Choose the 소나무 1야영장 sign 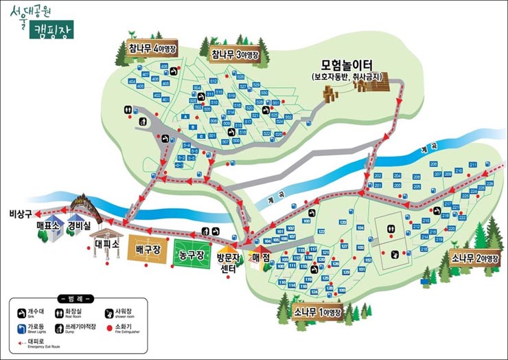tap(317, 313)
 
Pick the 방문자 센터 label tap(227, 264)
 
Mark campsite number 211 tap(473, 165)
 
